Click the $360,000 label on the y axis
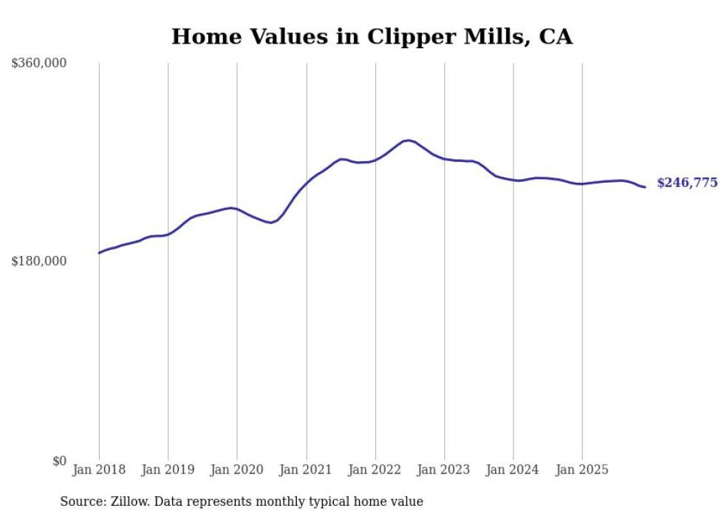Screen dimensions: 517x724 (38, 64)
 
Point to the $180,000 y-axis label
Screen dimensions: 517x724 (38, 261)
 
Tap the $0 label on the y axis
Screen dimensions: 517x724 (59, 461)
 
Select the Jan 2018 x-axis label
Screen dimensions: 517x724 (99, 470)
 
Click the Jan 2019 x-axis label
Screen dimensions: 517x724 (168, 470)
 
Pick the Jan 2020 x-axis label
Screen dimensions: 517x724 (237, 470)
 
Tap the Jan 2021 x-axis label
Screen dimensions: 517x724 (306, 470)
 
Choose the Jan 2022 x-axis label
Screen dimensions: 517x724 (375, 470)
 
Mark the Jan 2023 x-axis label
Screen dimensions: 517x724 (444, 470)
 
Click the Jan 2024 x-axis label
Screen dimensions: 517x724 (513, 470)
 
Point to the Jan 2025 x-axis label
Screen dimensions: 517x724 (582, 470)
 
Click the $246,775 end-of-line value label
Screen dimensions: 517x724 (686, 183)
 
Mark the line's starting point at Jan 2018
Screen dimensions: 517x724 (99, 253)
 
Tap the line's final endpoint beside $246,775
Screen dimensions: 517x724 (645, 187)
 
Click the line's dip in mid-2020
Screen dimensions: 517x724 (271, 223)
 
